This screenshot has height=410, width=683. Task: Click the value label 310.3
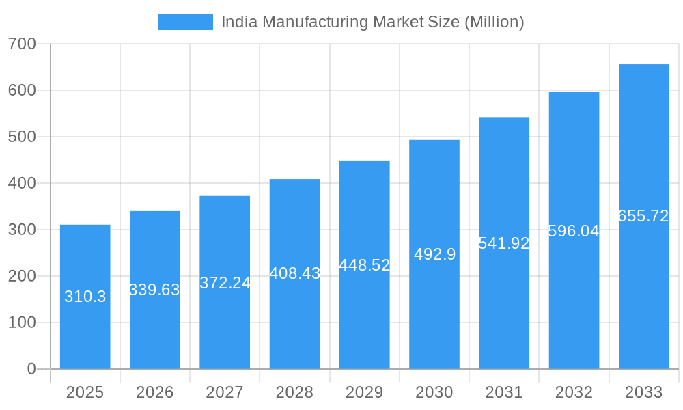pyautogui.click(x=85, y=297)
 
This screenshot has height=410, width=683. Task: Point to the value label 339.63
pyautogui.click(x=154, y=290)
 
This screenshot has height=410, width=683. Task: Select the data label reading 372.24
pyautogui.click(x=225, y=283)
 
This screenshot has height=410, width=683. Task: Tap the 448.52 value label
pyautogui.click(x=364, y=265)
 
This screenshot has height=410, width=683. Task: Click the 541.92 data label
pyautogui.click(x=504, y=243)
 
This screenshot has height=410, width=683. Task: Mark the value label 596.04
pyautogui.click(x=574, y=231)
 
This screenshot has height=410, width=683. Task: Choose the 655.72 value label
pyautogui.click(x=643, y=216)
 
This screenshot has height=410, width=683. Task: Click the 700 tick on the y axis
pyautogui.click(x=22, y=44)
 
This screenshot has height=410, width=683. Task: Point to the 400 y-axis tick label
pyautogui.click(x=22, y=183)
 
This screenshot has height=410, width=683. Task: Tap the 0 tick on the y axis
pyautogui.click(x=31, y=369)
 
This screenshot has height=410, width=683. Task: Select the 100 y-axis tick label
pyautogui.click(x=22, y=323)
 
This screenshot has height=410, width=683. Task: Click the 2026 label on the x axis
pyautogui.click(x=154, y=392)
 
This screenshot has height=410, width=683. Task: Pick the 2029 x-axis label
pyautogui.click(x=364, y=392)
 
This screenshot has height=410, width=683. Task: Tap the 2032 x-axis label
pyautogui.click(x=574, y=392)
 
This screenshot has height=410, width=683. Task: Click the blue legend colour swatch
pyautogui.click(x=185, y=22)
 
